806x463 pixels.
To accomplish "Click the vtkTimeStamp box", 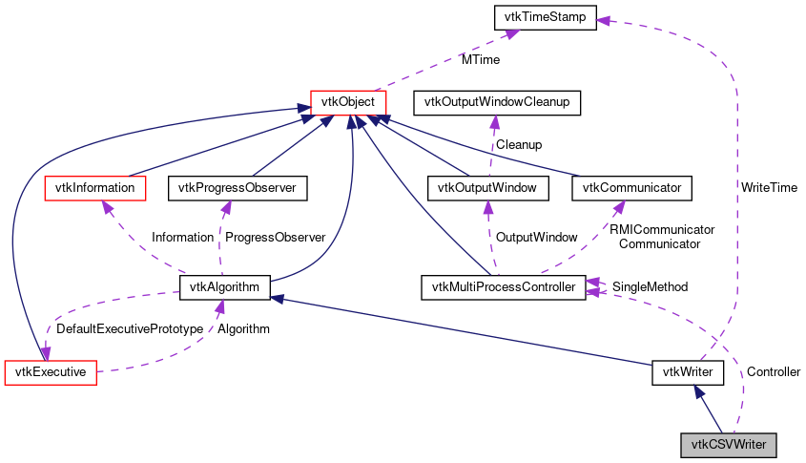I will pyautogui.click(x=544, y=16).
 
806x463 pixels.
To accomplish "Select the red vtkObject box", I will pyautogui.click(x=348, y=101).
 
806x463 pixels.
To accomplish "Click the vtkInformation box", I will pyautogui.click(x=95, y=188).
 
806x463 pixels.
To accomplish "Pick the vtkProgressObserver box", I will pyautogui.click(x=238, y=188).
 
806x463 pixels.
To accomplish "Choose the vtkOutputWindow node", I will pyautogui.click(x=488, y=188).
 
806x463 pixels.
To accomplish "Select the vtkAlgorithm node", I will pyautogui.click(x=226, y=286).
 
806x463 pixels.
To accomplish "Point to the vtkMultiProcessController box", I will pyautogui.click(x=503, y=286).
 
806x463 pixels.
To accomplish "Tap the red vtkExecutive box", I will pyautogui.click(x=52, y=371).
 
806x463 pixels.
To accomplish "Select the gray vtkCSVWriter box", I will pyautogui.click(x=728, y=444).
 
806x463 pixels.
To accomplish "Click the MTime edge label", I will pyautogui.click(x=481, y=59).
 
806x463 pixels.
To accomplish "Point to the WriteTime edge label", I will pyautogui.click(x=769, y=188).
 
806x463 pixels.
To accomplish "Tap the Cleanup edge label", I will pyautogui.click(x=518, y=145).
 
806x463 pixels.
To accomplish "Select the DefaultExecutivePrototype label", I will pyautogui.click(x=130, y=329).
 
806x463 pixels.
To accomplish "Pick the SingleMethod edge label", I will pyautogui.click(x=650, y=286).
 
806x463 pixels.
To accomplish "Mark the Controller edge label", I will pyautogui.click(x=773, y=371).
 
